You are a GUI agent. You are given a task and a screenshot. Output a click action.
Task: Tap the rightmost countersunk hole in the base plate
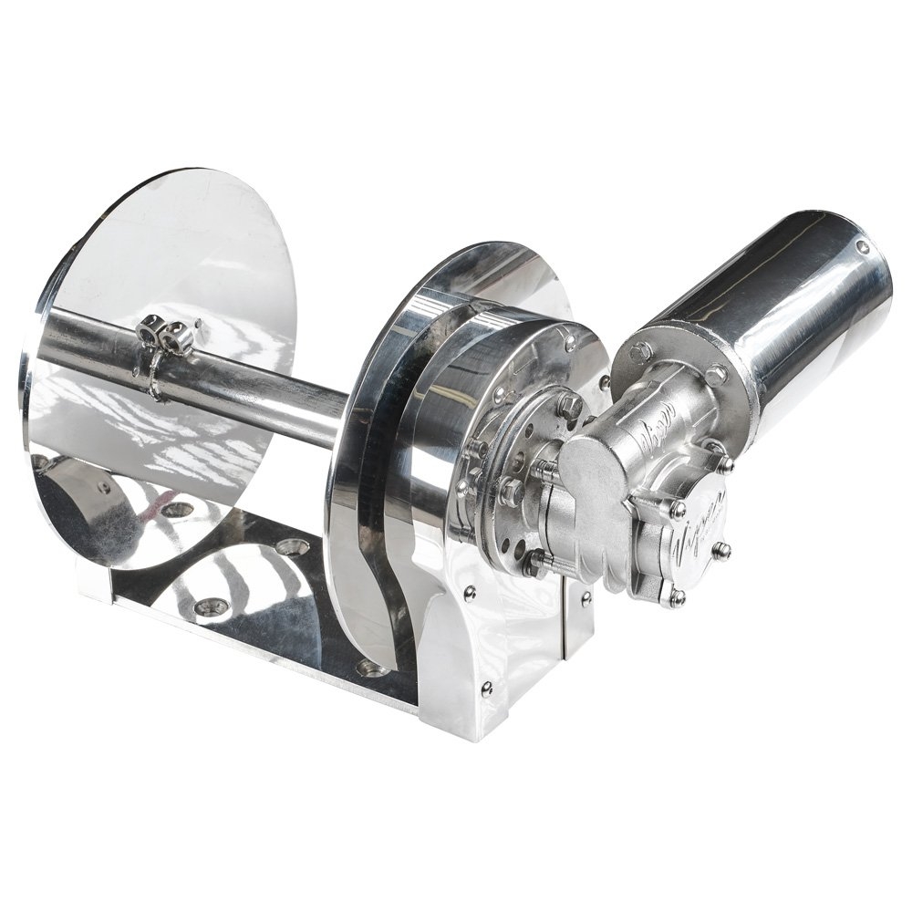point(372,668)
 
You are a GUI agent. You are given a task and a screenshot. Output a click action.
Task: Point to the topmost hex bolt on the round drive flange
point(570,404)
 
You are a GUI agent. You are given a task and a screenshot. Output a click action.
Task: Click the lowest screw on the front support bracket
point(486,689)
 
